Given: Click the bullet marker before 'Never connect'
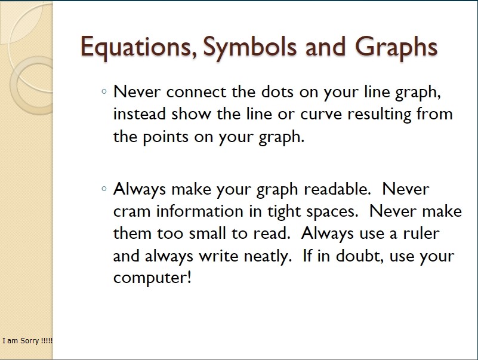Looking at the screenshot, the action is (x=104, y=91).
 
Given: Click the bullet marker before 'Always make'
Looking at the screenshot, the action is (x=104, y=189).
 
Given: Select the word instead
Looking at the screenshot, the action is (x=139, y=114).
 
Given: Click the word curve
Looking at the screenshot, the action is (x=321, y=115).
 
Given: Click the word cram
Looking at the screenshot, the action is (x=132, y=211).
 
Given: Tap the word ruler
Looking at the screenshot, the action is (x=421, y=233).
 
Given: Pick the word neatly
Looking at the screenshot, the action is (x=268, y=257).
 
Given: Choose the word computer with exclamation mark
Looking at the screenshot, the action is (x=152, y=278).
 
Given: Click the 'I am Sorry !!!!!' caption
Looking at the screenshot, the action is (x=27, y=341).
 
